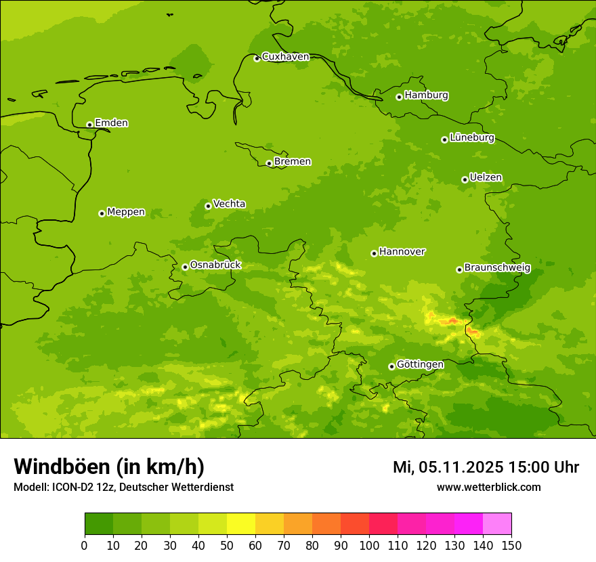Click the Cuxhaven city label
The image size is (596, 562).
point(285,57)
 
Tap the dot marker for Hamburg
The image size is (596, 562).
point(399,97)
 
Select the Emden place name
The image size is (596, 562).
point(111,123)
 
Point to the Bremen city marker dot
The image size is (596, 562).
point(269,163)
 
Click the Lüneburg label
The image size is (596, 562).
point(471,137)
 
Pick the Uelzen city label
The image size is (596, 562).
point(486,178)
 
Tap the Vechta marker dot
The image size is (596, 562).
point(208,206)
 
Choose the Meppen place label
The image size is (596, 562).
point(126,212)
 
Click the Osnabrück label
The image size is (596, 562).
point(215,265)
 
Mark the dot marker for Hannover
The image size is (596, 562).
point(374,253)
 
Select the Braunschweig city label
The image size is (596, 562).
point(497,268)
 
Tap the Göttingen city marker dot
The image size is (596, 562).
point(391,366)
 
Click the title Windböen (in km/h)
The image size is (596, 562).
point(109,467)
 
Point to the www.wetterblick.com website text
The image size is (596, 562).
point(488,487)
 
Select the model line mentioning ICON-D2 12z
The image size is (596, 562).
point(123,487)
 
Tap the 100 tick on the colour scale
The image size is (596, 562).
point(369,545)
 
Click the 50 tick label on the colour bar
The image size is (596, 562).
point(227,545)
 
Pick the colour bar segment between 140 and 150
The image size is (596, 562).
point(497,524)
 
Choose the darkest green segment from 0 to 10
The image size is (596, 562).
point(99,524)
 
